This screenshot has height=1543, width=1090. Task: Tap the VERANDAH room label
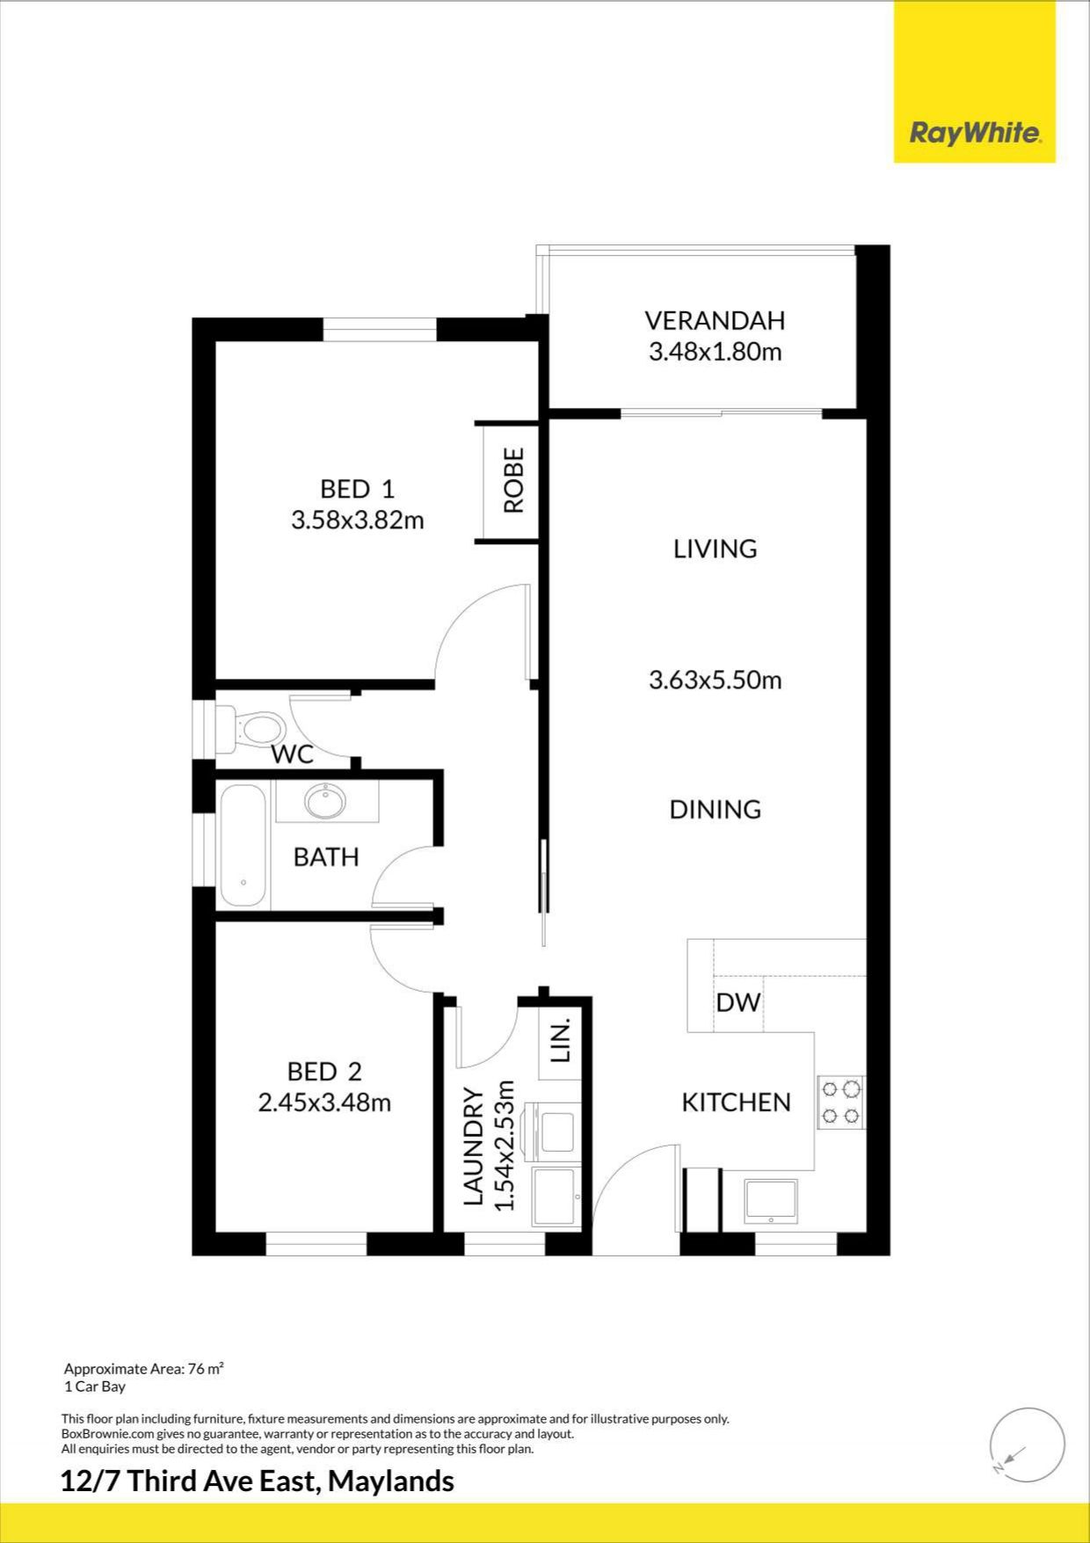[x=715, y=320]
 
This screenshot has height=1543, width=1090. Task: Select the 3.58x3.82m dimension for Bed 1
[x=358, y=520]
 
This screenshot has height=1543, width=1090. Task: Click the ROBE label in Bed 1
[x=513, y=480]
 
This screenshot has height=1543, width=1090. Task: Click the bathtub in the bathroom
[x=243, y=846]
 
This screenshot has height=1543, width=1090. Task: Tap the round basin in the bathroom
[x=325, y=801]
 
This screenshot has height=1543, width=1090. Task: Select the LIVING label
[x=715, y=549]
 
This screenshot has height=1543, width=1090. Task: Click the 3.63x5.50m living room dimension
[x=715, y=680]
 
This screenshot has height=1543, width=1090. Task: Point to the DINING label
[x=715, y=809]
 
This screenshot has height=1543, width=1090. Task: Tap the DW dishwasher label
[x=738, y=1002]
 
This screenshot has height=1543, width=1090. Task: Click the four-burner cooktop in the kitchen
[x=841, y=1103]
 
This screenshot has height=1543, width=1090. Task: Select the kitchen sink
[x=771, y=1201]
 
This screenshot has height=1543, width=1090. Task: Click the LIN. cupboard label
[x=562, y=1040]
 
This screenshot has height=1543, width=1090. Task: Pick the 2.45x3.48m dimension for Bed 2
[x=324, y=1102]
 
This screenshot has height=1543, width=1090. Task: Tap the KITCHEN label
[x=737, y=1102]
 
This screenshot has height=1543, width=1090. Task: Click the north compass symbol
[x=1027, y=1445]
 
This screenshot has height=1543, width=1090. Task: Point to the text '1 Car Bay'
[x=95, y=1387]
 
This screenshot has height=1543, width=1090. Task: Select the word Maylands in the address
[x=391, y=1481]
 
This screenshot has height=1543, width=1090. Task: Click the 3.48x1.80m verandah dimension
[x=715, y=352]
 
